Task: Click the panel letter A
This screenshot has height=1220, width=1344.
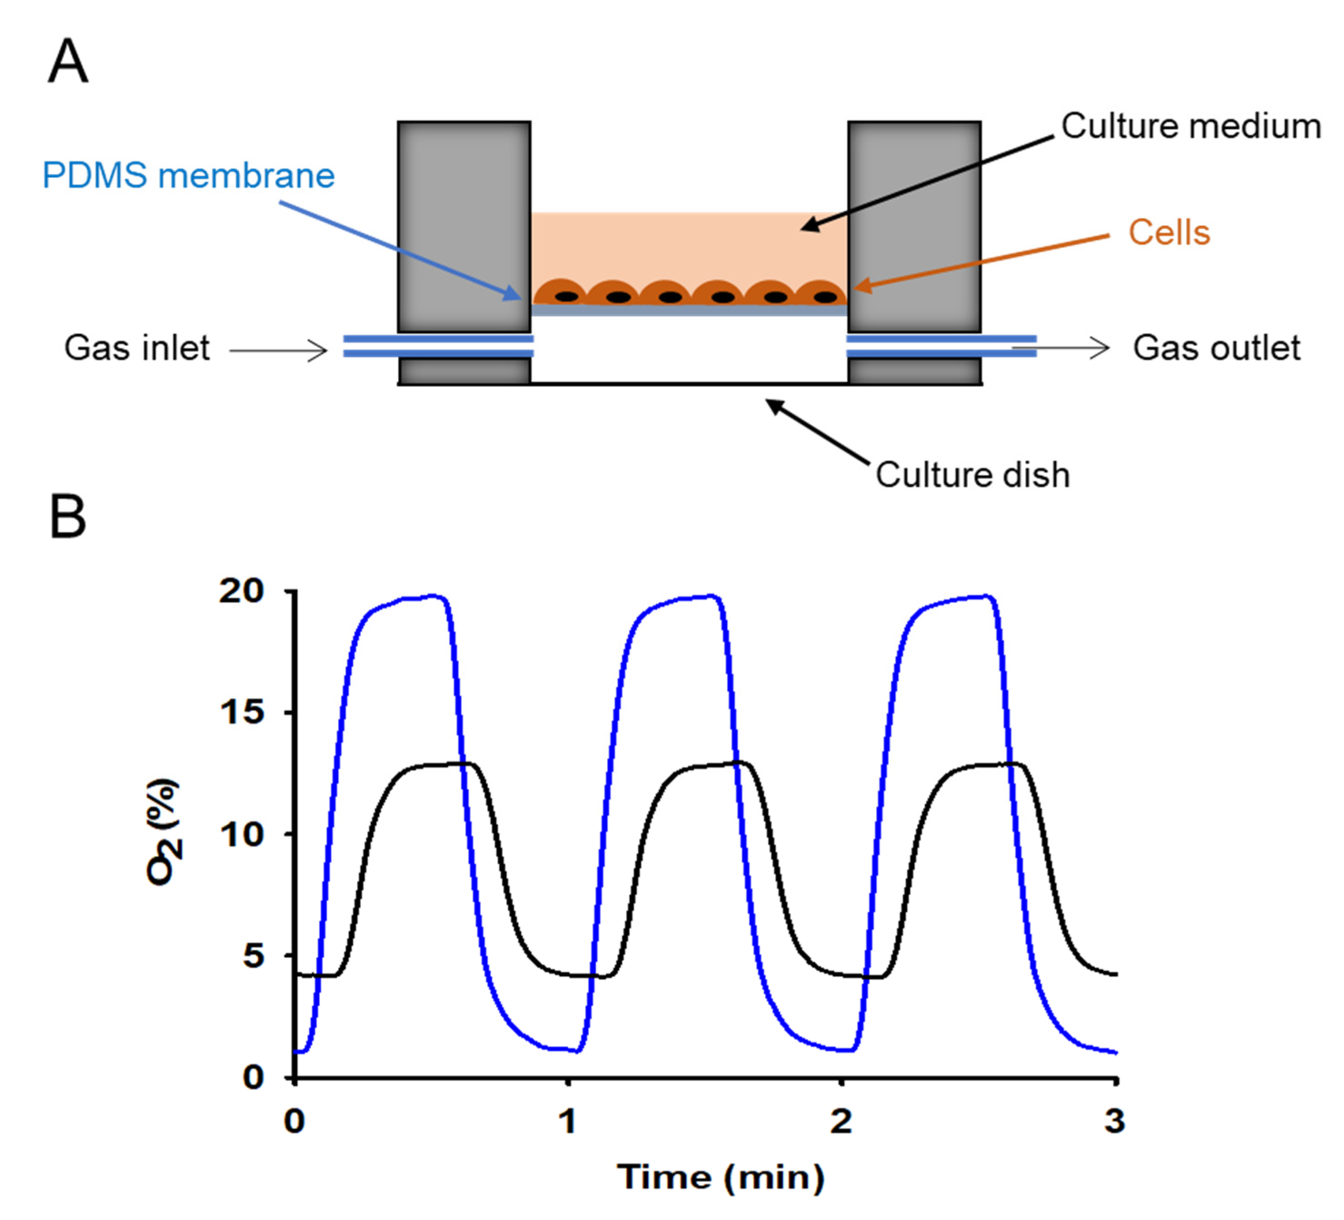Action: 68,61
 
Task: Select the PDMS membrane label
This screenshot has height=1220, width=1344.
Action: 189,176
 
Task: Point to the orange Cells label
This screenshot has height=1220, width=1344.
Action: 1169,233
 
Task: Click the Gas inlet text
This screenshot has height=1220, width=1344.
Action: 137,348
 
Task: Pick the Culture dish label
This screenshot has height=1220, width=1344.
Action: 972,475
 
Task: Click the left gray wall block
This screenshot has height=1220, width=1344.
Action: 464,227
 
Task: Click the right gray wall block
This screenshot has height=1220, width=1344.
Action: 914,227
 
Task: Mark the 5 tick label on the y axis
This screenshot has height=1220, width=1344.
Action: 254,956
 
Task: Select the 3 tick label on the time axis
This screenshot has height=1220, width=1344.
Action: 1115,1121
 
